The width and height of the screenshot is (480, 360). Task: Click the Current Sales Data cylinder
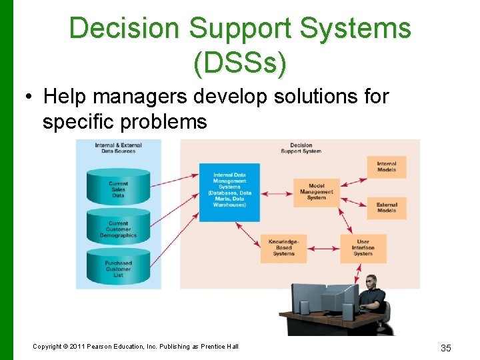coord(118,189)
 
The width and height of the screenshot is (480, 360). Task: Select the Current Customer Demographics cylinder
coord(118,229)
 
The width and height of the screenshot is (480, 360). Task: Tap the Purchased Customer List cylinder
coord(118,269)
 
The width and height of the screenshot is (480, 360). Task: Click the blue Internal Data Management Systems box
coord(229,191)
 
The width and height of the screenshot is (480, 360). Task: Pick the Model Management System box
coord(317,191)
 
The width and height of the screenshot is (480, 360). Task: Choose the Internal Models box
coord(387,167)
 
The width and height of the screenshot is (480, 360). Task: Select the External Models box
coord(387,207)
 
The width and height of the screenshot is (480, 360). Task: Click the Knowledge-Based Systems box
coord(283,247)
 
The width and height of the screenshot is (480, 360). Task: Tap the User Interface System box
coord(363,247)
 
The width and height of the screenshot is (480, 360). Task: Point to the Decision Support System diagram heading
coord(301,148)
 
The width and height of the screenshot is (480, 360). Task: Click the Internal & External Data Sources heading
coord(118,148)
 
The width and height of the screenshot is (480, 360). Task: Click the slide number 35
coord(447,347)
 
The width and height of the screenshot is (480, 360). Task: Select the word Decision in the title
coord(125,29)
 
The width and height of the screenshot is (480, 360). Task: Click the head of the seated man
coord(371,283)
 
